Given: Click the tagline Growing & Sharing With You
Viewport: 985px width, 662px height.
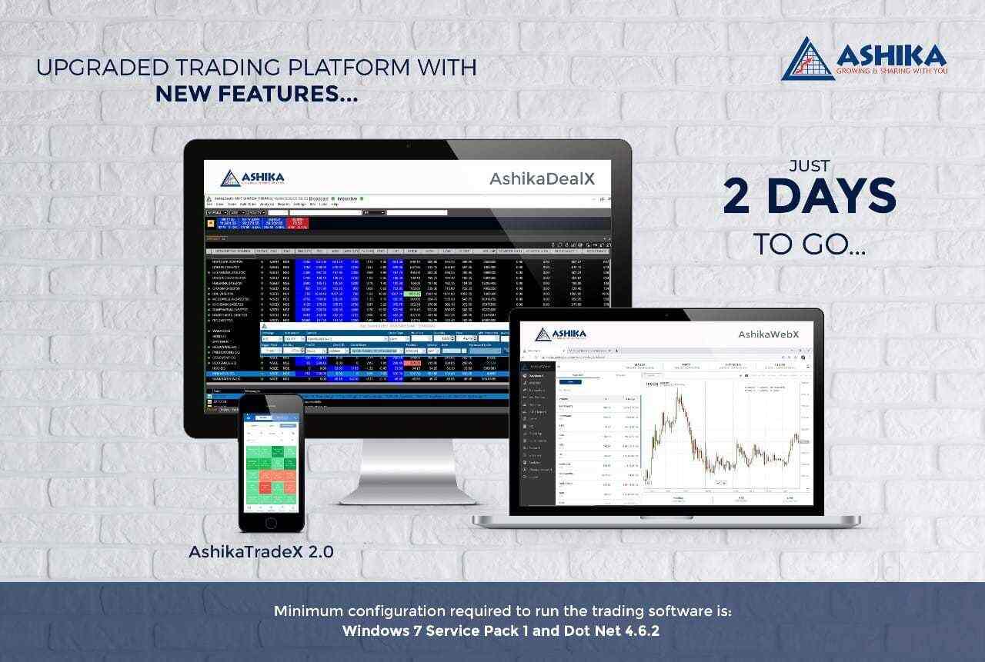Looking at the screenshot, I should pos(891,71).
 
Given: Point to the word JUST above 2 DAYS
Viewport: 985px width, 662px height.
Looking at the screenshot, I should pos(809,166).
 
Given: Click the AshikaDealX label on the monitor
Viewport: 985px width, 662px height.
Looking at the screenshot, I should pos(542,179).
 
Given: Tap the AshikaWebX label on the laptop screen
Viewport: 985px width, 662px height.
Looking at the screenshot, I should pos(768,334).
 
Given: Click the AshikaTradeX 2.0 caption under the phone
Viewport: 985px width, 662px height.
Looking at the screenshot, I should pos(261,551).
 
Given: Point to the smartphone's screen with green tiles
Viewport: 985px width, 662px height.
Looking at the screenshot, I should pos(271,463).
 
